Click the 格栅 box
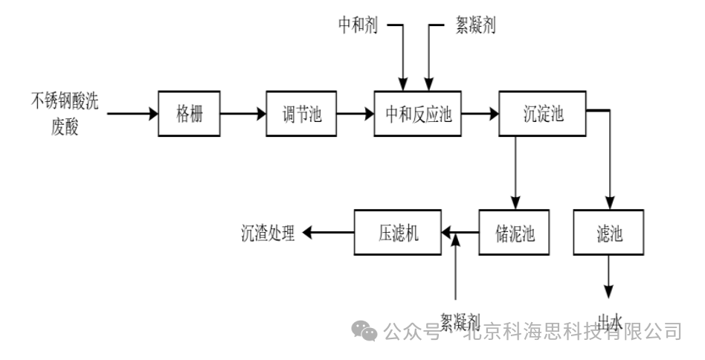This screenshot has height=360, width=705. point(190,114)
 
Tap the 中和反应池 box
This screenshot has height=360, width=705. point(419,114)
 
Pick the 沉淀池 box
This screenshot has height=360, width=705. point(543,114)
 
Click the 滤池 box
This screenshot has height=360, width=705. point(609,233)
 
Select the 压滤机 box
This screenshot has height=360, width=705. point(398,233)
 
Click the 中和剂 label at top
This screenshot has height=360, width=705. point(358,25)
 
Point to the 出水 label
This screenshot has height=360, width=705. point(610,322)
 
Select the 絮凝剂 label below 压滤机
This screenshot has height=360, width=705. point(459,321)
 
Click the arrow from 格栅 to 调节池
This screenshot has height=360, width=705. point(243,114)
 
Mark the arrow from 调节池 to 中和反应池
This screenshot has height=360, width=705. point(355,114)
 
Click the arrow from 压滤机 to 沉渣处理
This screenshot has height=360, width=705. point(327,234)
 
